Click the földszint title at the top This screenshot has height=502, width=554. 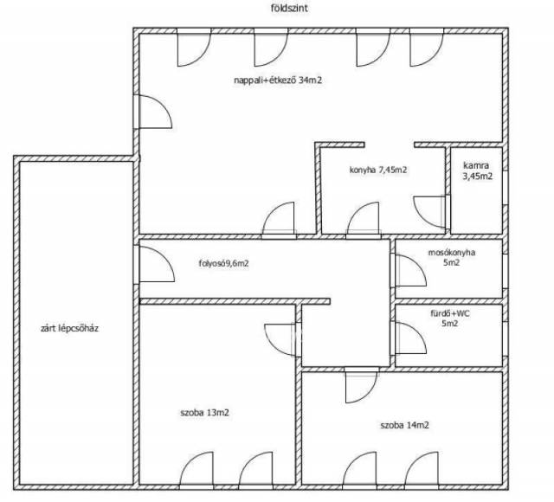point(289,8)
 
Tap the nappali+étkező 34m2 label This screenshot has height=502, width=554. point(278,80)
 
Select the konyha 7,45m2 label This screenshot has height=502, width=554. point(378,170)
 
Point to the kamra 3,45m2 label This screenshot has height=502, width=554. point(477,171)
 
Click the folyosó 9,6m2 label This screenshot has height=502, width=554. point(223,263)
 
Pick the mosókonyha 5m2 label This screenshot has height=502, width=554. point(452,258)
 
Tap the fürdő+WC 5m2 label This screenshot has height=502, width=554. point(450,318)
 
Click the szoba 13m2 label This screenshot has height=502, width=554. point(204,412)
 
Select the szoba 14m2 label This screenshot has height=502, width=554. point(404,425)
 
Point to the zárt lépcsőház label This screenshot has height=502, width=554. point(69,329)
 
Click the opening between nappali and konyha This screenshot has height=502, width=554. point(390,145)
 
